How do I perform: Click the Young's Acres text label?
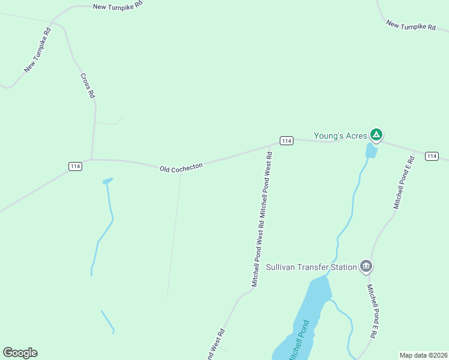pyautogui.click(x=340, y=136)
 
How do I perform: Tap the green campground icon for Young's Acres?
pyautogui.click(x=376, y=134)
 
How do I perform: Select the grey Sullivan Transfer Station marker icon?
pyautogui.click(x=366, y=266)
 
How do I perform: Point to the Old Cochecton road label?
pyautogui.click(x=181, y=166)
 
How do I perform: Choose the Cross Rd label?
pyautogui.click(x=88, y=85)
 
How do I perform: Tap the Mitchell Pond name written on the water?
pyautogui.click(x=298, y=341)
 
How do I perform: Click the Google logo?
pyautogui.click(x=20, y=353)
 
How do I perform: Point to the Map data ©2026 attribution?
pyautogui.click(x=423, y=355)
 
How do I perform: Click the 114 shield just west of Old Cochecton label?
pyautogui.click(x=75, y=166)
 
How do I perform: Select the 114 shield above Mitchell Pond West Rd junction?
pyautogui.click(x=286, y=140)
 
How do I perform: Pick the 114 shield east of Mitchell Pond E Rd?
pyautogui.click(x=432, y=156)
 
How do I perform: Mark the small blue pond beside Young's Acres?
pyautogui.click(x=372, y=151)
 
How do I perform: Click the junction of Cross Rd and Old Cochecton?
pyautogui.click(x=91, y=160)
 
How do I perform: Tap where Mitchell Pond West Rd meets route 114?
pyautogui.click(x=269, y=145)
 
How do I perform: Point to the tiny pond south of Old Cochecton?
pyautogui.click(x=107, y=181)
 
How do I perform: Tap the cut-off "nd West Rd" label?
pyautogui.click(x=215, y=345)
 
